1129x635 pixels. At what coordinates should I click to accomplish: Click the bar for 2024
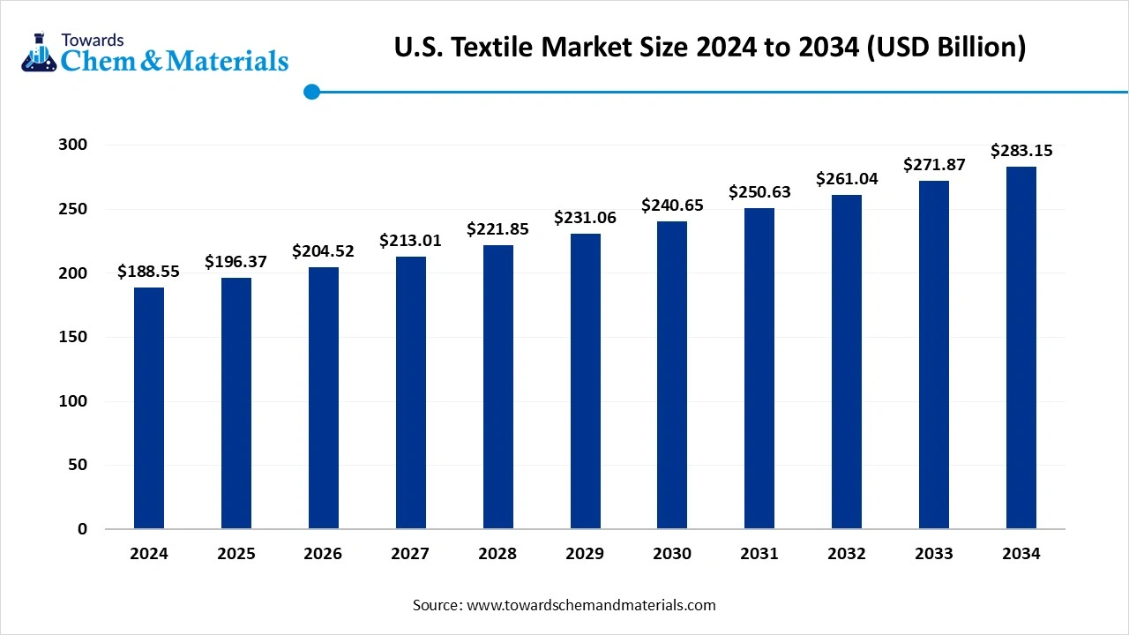pos(149,408)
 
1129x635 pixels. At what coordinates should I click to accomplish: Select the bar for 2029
pos(585,381)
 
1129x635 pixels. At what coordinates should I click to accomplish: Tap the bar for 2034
pos(1021,347)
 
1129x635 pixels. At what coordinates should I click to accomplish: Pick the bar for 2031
pos(759,369)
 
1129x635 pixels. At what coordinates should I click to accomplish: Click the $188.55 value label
pos(148,272)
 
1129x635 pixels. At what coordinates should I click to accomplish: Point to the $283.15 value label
pos(1021,151)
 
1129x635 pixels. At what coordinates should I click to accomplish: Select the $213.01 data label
pos(410,241)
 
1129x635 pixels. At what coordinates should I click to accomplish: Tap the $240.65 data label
pos(672,205)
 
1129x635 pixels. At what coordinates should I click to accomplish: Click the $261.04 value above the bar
pos(846,179)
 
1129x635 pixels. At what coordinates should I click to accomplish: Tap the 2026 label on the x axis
pos(323,554)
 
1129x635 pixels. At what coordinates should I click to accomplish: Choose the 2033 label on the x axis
pos(933,554)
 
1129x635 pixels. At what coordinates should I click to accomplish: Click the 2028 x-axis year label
pos(497,554)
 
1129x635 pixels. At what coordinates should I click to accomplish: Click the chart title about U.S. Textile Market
pos(710,48)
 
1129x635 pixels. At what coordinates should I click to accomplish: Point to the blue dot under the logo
pos(311,92)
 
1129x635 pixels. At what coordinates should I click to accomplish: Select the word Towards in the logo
pos(93,40)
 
